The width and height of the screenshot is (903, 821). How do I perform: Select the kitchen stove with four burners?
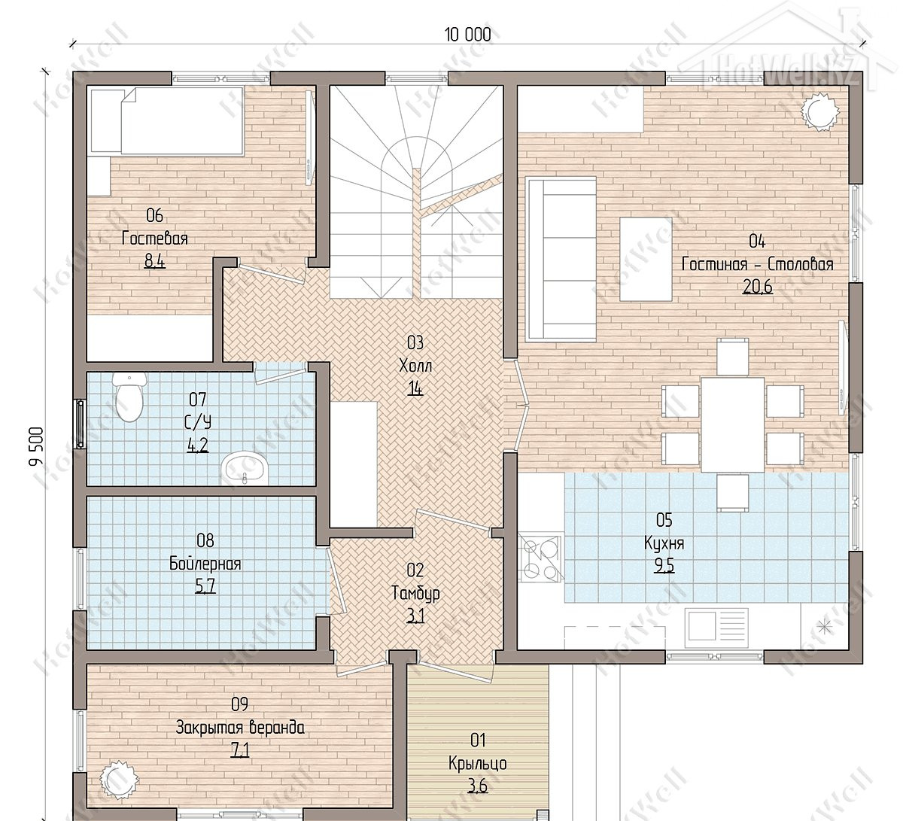coord(540,558)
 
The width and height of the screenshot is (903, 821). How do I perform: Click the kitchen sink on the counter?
coord(716,628)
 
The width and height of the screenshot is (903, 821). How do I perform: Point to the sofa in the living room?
coord(561,259)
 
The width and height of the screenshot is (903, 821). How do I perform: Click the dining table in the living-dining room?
coord(732,424)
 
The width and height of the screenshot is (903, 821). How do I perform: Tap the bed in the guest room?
coord(168,122)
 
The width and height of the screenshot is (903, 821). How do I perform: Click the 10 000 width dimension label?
coord(468,35)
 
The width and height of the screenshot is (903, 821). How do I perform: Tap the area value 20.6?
coord(757,287)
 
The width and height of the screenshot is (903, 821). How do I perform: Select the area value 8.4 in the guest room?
coord(154,261)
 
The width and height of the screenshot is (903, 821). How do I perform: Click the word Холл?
coord(415,366)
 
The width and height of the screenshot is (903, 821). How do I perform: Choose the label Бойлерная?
coord(205,564)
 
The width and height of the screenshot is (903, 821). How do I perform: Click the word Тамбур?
coord(415,593)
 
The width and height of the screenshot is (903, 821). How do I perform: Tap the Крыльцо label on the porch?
coord(478,763)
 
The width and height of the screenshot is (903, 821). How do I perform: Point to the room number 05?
coord(664,521)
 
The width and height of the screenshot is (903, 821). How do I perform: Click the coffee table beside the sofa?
coord(646,259)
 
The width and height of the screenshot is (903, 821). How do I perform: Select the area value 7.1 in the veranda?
coord(239,750)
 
